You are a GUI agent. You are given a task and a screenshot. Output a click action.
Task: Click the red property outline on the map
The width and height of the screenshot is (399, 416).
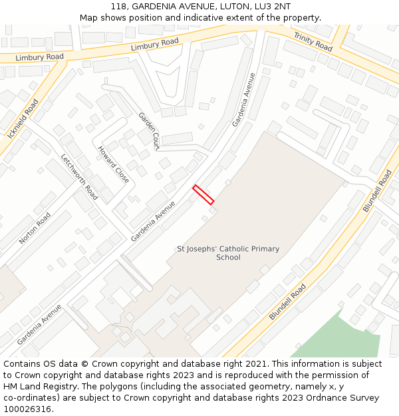tap(203, 194)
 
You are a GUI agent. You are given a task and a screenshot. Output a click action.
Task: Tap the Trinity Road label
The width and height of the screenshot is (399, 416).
tap(313, 41)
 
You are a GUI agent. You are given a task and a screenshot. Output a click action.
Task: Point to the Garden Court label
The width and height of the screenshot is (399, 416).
tap(149, 130)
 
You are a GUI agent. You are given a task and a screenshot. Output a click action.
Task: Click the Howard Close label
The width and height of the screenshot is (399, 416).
tap(114, 164)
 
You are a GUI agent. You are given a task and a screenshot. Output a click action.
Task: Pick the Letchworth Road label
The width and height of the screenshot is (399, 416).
tap(79, 177)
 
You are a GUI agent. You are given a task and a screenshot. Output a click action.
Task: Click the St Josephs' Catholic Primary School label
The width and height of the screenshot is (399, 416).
tap(228, 253)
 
